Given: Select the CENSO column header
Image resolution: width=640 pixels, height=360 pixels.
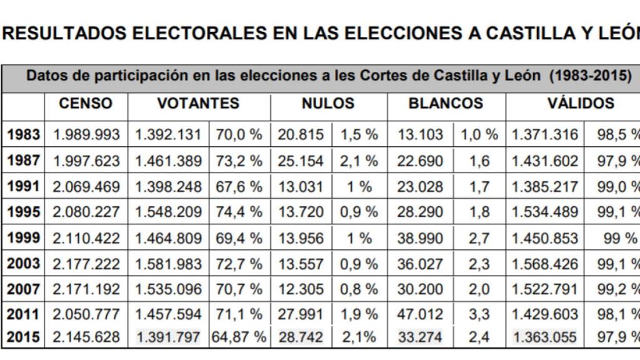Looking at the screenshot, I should coord(86,104).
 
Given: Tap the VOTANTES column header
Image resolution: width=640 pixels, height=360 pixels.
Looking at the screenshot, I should coord(198,104).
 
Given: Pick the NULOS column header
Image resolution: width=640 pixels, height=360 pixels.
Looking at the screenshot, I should coord(328,104).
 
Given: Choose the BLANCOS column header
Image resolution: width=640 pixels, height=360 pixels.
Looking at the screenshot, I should coord(446,104).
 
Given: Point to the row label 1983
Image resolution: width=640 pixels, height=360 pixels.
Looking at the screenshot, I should coord(23,134).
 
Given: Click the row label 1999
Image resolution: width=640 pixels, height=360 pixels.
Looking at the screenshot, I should coord(23,237).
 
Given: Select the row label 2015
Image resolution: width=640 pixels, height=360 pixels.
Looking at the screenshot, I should coord(23,337).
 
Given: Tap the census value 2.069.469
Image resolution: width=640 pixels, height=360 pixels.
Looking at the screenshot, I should coord(86,186).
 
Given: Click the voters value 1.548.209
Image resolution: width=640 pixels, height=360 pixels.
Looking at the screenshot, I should coord(169,212).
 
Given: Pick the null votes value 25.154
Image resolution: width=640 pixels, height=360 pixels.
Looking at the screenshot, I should coord(301,161).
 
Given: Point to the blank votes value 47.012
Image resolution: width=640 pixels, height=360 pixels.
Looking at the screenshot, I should coord(420,314).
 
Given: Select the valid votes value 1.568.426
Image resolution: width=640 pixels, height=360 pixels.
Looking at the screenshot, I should coord(545,263).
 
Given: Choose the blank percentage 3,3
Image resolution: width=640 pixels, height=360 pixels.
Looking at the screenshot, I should coord(479,314).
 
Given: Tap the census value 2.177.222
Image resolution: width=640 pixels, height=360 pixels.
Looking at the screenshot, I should coord(86,263).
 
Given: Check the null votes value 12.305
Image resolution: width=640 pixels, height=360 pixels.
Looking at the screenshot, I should coord(301,289).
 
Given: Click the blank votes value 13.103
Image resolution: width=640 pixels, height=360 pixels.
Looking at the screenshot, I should coord(420,134).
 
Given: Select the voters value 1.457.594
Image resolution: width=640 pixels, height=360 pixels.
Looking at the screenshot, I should coord(169,314).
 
